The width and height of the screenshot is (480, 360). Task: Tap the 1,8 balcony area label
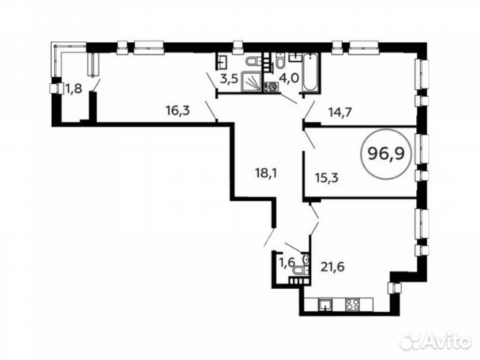(73, 88)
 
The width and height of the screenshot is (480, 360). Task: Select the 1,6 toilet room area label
(286, 262)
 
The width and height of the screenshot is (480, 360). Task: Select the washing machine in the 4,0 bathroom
(272, 86)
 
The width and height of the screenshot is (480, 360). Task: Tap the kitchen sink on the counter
(326, 304)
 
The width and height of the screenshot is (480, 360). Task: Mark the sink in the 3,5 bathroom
(222, 61)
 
